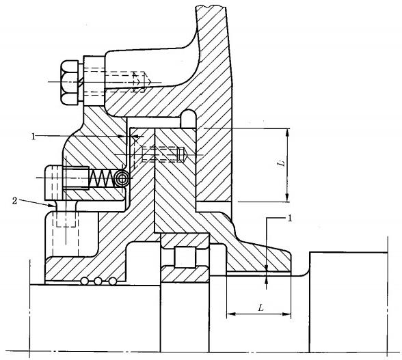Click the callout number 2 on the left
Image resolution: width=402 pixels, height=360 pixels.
tap(15, 201)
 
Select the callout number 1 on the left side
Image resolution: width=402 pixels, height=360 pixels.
tap(33, 137)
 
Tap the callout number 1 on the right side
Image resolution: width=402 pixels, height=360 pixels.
tap(290, 219)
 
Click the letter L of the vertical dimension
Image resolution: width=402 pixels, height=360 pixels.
tap(282, 163)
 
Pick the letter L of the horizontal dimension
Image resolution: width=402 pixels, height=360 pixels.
tap(260, 307)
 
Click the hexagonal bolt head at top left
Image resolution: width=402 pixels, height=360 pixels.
tap(69, 82)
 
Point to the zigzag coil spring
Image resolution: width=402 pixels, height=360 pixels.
tap(101, 178)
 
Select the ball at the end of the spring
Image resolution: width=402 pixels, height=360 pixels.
tap(122, 178)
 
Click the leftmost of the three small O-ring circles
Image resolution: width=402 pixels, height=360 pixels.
tap(84, 281)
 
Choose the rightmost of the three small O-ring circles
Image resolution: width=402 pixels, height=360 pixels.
tap(113, 281)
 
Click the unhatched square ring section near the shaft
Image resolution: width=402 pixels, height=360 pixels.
tap(185, 257)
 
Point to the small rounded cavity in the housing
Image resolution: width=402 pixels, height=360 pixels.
tap(189, 119)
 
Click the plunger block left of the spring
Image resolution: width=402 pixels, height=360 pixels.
tap(77, 178)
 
